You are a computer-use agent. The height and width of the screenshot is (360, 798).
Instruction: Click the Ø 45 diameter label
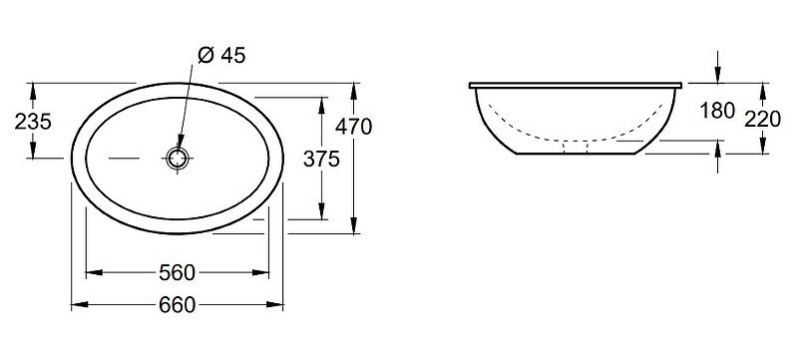point(221,57)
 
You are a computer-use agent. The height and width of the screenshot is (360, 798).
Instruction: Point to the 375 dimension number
point(322,157)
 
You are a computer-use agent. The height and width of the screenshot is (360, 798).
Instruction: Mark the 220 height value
point(763,118)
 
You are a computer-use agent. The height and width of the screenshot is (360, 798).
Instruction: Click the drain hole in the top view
point(179,159)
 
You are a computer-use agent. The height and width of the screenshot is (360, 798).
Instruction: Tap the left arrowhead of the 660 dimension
point(76,304)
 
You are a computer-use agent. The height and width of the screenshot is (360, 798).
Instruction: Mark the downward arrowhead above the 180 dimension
point(718,75)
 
